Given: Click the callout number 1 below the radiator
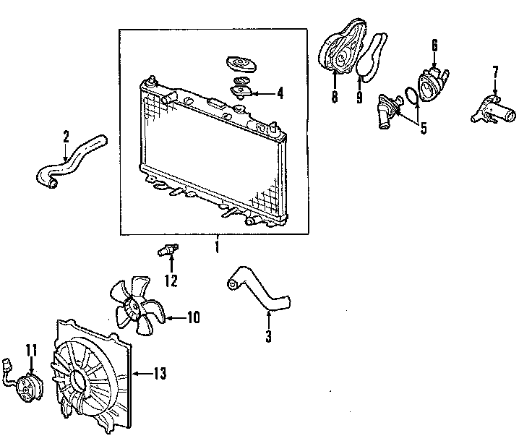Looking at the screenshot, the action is pyautogui.click(x=216, y=248).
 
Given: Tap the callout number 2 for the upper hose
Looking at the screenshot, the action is pyautogui.click(x=66, y=135).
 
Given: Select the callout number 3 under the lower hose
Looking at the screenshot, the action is pyautogui.click(x=268, y=335).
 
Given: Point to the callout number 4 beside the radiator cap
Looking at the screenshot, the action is pyautogui.click(x=280, y=93).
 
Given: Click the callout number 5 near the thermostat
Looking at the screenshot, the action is pyautogui.click(x=424, y=129).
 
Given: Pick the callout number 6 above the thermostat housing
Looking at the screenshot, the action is pyautogui.click(x=434, y=46).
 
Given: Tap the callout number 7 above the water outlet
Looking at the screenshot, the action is pyautogui.click(x=495, y=72).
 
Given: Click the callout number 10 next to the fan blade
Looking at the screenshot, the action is pyautogui.click(x=193, y=317).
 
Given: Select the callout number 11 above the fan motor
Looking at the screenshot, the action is pyautogui.click(x=31, y=351).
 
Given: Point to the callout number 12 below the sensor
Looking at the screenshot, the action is pyautogui.click(x=171, y=281).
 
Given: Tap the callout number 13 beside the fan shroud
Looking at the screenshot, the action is pyautogui.click(x=160, y=373).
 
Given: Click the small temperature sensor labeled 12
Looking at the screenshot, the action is pyautogui.click(x=166, y=252).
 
